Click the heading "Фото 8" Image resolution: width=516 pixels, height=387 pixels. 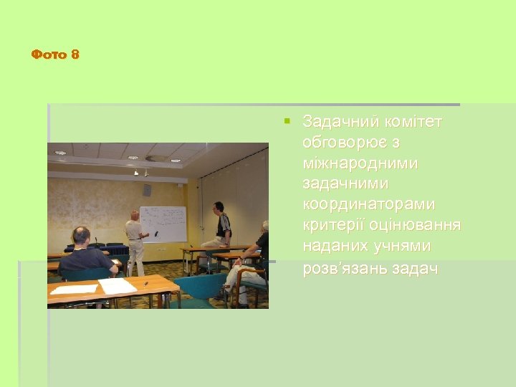point(55,54)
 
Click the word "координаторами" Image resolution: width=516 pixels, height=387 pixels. point(368,205)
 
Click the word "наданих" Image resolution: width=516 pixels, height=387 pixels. point(335,247)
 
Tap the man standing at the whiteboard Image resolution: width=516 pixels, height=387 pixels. point(134,242)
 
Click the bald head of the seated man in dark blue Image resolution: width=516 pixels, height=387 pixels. point(82,234)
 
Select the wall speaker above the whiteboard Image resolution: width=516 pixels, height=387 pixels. point(147,190)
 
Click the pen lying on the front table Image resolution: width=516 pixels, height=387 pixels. point(145,284)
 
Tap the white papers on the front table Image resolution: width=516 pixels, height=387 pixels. point(116,286)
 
